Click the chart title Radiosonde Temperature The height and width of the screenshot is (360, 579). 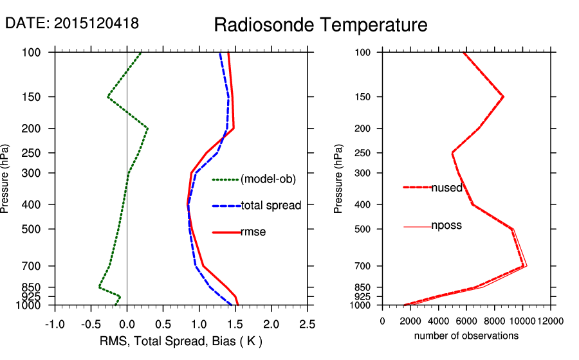(320, 25)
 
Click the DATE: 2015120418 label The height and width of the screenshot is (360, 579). (72, 23)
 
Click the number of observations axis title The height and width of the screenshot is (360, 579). (466, 336)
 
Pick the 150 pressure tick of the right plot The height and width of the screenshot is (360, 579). (364, 97)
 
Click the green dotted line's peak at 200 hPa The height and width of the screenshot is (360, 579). (148, 129)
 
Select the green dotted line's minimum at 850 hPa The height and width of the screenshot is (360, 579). (99, 287)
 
